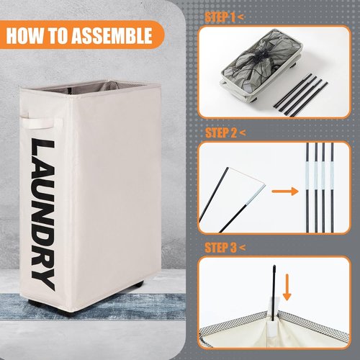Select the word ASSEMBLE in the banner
coord(112,36)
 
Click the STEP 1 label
coord(220,17)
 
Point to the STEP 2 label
coord(221,132)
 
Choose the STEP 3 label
coord(220,248)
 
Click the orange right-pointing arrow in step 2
coord(285,192)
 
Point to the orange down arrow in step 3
coord(287,287)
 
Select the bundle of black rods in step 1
coord(301,95)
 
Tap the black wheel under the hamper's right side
coord(138,285)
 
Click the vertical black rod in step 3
coord(274,293)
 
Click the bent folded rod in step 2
coord(232,200)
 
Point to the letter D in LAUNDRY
coord(42,225)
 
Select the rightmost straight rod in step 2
coord(332,188)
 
